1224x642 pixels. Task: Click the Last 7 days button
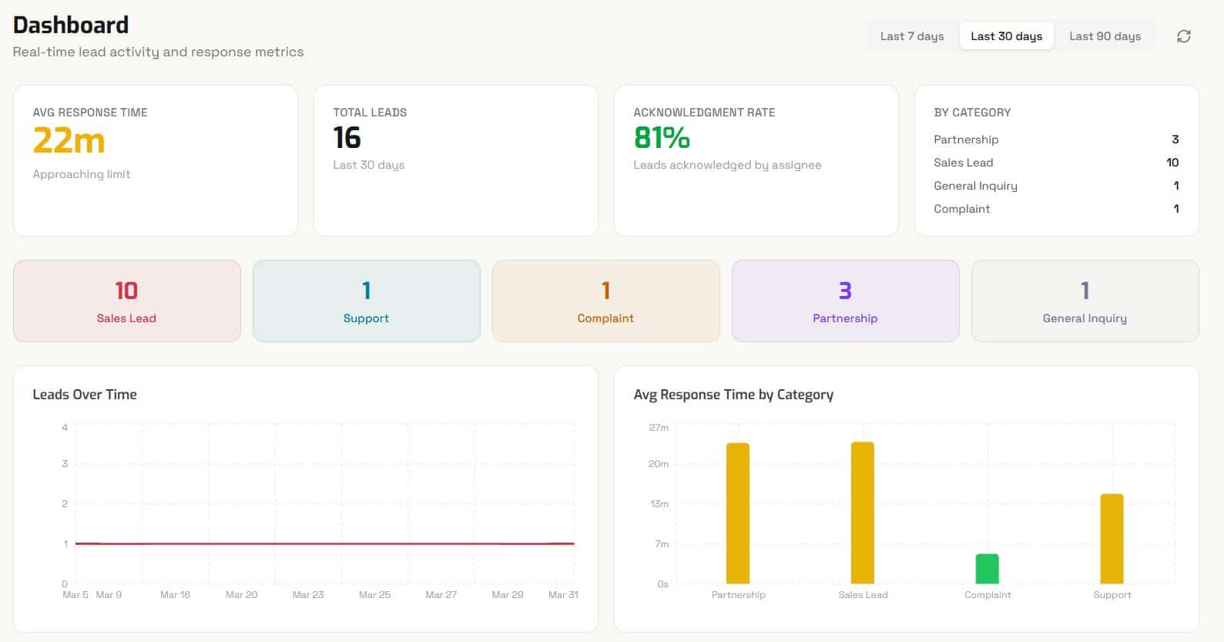point(911,36)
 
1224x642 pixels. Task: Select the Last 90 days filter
point(1104,36)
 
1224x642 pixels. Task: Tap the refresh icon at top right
point(1183,36)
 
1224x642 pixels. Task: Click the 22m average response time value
point(69,140)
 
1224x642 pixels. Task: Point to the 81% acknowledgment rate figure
point(661,138)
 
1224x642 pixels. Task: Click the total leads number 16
point(347,138)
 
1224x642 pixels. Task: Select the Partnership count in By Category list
point(1175,139)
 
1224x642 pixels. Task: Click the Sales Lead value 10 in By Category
point(1172,163)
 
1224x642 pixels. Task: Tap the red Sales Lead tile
point(126,301)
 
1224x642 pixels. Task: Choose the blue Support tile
point(366,301)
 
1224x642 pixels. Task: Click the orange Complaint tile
point(605,301)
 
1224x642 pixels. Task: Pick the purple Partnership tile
point(845,301)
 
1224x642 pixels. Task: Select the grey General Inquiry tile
point(1085,301)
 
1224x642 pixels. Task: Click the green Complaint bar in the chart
point(987,569)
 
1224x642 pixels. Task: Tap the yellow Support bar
point(1112,539)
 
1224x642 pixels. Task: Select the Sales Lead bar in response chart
point(862,513)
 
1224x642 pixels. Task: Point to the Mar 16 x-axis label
point(175,595)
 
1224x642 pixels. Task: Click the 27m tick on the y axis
point(659,428)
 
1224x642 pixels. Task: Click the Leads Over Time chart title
point(85,395)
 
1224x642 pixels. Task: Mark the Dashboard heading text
point(71,25)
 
